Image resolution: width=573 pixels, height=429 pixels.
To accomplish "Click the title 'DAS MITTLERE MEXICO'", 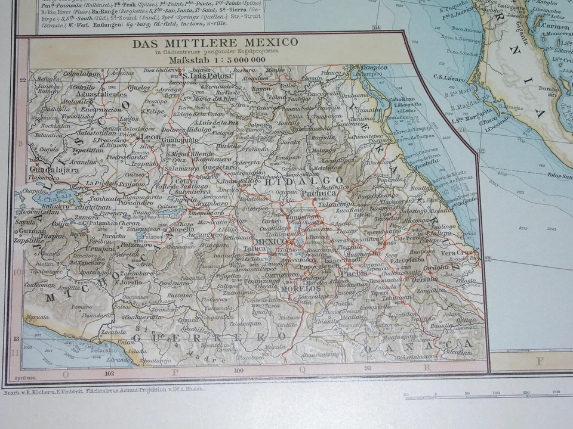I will pyautogui.click(x=215, y=43).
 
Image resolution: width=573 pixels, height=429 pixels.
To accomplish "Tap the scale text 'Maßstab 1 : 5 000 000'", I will pyautogui.click(x=217, y=60).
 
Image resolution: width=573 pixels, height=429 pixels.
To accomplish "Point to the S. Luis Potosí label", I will pyautogui.click(x=208, y=76).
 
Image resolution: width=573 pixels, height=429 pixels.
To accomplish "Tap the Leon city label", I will pyautogui.click(x=150, y=136).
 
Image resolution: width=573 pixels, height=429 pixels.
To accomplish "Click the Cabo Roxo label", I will pyautogui.click(x=401, y=100).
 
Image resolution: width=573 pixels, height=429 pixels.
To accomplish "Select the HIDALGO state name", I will pyautogui.click(x=309, y=181).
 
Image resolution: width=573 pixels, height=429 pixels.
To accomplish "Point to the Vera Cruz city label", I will pyautogui.click(x=457, y=253).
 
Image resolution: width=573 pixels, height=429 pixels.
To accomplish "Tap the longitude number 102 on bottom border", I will pyautogui.click(x=109, y=373).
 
